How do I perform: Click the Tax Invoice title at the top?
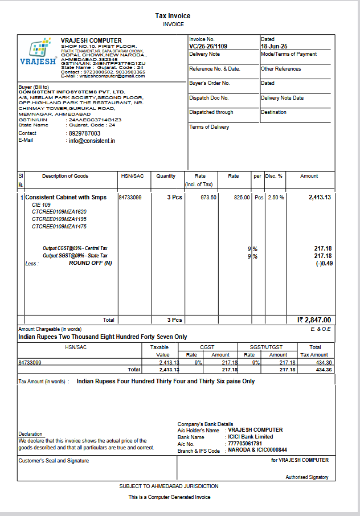(173, 16)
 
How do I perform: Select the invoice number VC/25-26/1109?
(208, 46)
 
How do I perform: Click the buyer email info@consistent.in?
(92, 141)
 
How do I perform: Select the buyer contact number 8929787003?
(84, 133)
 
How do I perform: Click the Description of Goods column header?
(65, 177)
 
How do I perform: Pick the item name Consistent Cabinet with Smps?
(66, 198)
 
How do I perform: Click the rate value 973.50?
(208, 198)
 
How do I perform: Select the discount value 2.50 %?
(276, 198)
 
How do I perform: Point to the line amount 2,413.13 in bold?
(320, 198)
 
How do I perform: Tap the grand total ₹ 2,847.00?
(314, 320)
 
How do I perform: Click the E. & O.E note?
(321, 329)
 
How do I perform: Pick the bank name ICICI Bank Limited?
(251, 437)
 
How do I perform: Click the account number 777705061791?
(245, 444)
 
